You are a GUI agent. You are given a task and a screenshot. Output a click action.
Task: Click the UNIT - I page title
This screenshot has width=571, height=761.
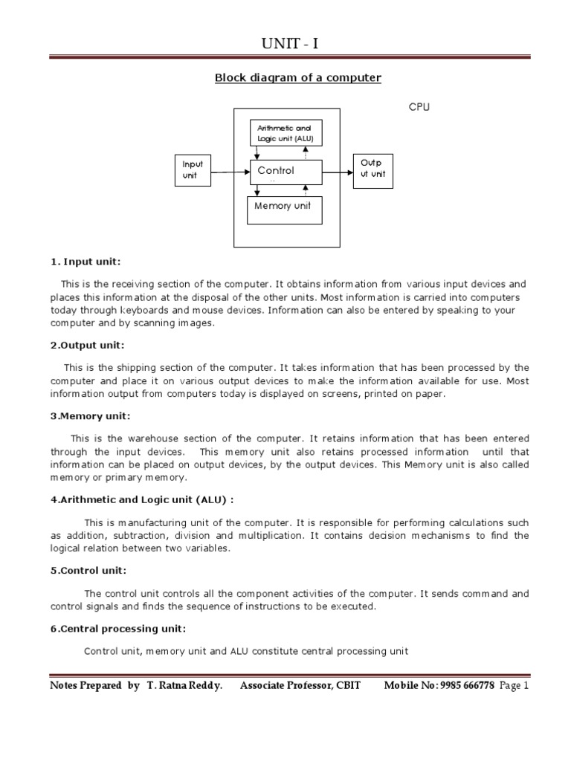click(289, 46)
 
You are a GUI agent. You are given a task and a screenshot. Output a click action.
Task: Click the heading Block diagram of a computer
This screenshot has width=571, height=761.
click(297, 77)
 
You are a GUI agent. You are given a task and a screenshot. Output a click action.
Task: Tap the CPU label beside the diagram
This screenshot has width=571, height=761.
click(419, 107)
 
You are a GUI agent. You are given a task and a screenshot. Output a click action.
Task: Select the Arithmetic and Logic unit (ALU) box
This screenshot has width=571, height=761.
click(285, 134)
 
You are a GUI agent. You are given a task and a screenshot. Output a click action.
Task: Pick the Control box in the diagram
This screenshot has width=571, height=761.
click(285, 172)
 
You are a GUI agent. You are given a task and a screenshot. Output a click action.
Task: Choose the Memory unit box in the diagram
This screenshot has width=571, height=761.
click(284, 207)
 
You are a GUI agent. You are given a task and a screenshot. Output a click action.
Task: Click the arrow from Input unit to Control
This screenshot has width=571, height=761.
click(229, 172)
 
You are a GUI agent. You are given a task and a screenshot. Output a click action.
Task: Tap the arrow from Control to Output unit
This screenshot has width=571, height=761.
click(338, 172)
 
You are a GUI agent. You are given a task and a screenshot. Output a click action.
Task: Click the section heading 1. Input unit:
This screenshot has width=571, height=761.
click(86, 262)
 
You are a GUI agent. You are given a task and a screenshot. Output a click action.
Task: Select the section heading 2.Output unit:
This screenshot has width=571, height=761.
click(88, 345)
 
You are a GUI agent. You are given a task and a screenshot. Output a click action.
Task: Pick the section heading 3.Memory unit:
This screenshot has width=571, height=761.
click(90, 416)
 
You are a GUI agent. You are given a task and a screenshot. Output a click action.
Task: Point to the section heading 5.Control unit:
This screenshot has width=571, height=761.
click(88, 571)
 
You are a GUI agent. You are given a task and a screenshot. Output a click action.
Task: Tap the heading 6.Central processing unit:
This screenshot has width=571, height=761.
click(117, 629)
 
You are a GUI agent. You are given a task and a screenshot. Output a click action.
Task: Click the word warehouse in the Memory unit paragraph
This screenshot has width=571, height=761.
click(144, 438)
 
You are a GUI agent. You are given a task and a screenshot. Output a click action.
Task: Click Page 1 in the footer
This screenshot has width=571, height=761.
click(514, 686)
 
